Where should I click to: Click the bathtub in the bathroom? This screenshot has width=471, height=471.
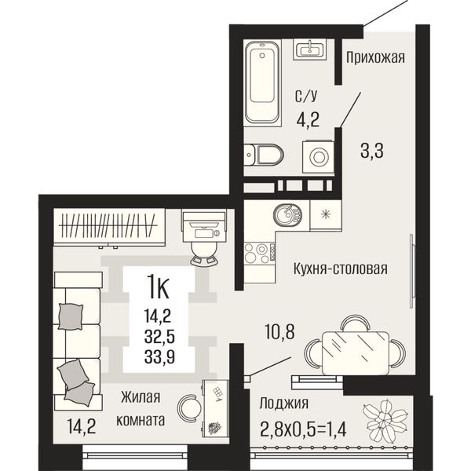click(x=262, y=82)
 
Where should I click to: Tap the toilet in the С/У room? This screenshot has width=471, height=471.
click(x=264, y=155)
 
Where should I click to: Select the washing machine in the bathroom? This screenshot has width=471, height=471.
click(x=318, y=156)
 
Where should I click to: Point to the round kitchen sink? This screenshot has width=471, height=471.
click(x=287, y=214)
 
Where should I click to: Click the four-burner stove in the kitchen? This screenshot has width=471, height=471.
click(x=260, y=254)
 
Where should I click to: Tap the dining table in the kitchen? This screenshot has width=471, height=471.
click(x=356, y=352)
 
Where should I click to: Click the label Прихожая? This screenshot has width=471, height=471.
click(x=375, y=57)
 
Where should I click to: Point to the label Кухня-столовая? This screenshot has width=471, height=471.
click(x=341, y=268)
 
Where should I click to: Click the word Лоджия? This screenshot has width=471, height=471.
click(x=284, y=403)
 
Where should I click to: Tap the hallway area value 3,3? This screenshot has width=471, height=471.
click(x=372, y=151)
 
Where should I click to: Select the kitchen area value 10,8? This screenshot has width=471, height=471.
click(x=279, y=331)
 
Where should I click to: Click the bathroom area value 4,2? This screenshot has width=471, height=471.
click(x=308, y=119)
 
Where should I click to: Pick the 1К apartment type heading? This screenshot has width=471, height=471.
click(x=159, y=288)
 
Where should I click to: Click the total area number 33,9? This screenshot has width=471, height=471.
click(x=159, y=357)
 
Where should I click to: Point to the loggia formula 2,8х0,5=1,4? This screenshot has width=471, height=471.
click(x=303, y=429)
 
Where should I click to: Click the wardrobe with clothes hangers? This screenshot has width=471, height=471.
click(x=109, y=227)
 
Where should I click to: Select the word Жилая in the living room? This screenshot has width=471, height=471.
click(x=141, y=397)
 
